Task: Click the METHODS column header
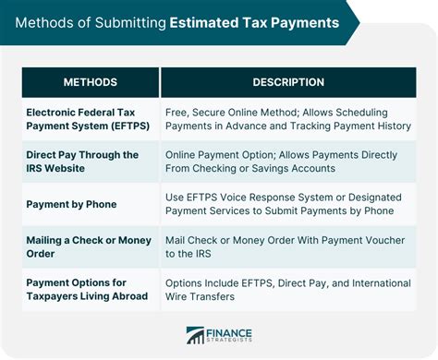pyautogui.click(x=90, y=82)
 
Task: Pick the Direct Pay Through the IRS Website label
pyautogui.click(x=82, y=161)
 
